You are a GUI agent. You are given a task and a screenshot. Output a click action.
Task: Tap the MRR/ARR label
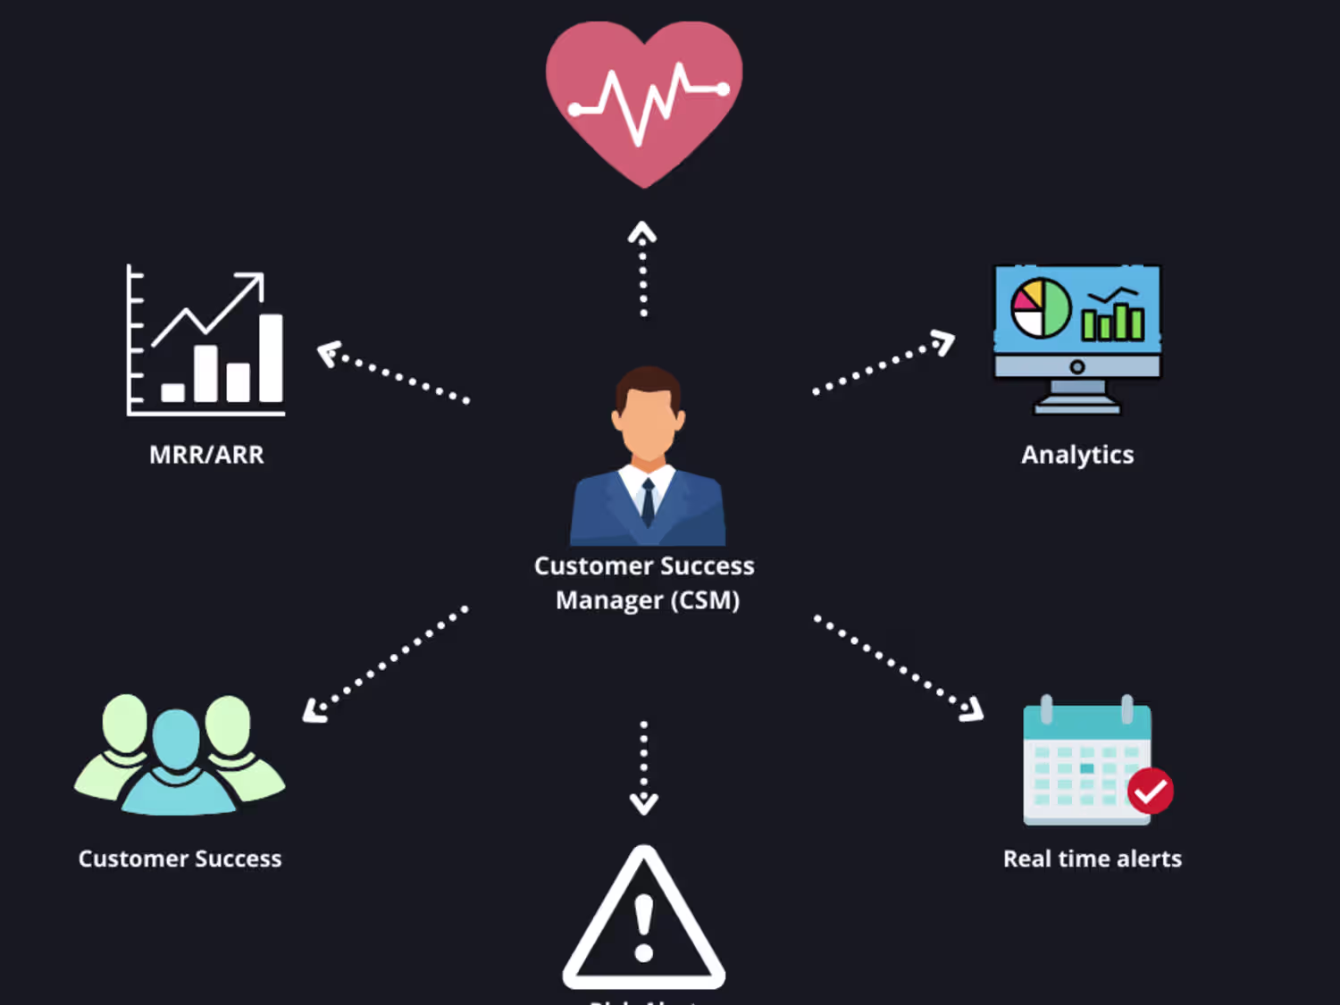pyautogui.click(x=206, y=455)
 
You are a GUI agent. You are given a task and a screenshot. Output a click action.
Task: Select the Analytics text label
pyautogui.click(x=1077, y=455)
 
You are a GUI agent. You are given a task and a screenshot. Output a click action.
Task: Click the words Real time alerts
pyautogui.click(x=1092, y=858)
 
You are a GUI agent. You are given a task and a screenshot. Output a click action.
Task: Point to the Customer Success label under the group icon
pyautogui.click(x=180, y=858)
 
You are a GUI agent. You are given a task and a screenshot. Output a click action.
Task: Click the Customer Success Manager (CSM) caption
pyautogui.click(x=645, y=582)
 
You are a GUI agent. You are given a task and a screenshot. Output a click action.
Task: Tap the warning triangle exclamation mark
pyautogui.click(x=643, y=929)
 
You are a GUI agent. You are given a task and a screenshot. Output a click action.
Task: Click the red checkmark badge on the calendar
pyautogui.click(x=1150, y=791)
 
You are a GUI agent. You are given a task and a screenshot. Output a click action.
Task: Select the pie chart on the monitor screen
pyautogui.click(x=1041, y=308)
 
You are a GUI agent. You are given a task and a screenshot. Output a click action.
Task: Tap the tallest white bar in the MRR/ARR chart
pyautogui.click(x=271, y=357)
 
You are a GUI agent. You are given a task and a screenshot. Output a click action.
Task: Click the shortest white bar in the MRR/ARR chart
pyautogui.click(x=172, y=391)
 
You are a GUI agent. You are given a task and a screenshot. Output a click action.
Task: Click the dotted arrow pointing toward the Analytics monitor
pyautogui.click(x=884, y=364)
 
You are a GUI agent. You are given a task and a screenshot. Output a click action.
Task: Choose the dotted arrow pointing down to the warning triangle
pyautogui.click(x=643, y=766)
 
